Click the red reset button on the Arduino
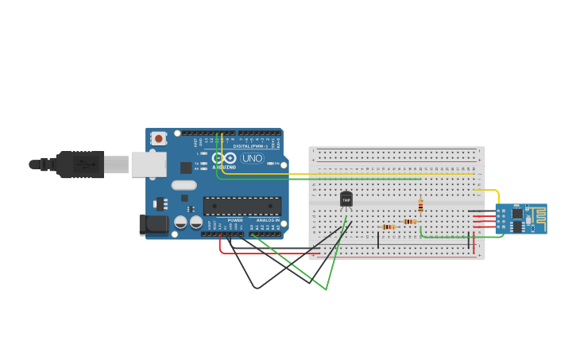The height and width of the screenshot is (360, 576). coord(158,138)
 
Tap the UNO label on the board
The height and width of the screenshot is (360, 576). coord(252,158)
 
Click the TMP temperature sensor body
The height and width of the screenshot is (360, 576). coord(346,199)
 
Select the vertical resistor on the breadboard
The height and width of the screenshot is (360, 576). coord(420,207)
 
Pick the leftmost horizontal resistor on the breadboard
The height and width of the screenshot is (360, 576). coord(388,226)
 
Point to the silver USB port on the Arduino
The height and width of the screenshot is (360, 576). coord(149,165)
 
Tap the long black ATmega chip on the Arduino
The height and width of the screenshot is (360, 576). coord(242,206)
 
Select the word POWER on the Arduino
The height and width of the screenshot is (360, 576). coord(235,220)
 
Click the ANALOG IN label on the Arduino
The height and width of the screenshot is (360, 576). coord(268,220)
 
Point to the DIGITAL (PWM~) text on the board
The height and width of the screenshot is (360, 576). coord(249,146)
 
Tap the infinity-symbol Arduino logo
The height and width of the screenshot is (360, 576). coord(225,158)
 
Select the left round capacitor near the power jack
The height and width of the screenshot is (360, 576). coord(180,223)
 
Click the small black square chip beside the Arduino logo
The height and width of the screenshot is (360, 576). coord(186,167)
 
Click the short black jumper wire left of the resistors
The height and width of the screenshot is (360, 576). coord(378,238)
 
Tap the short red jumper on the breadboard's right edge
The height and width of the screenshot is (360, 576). coord(474,243)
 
